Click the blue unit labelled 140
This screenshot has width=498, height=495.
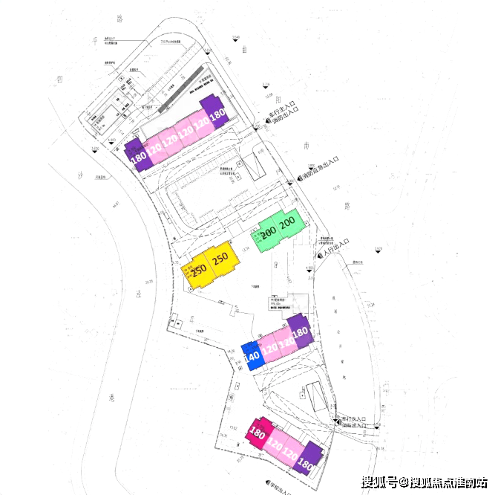coord(252,356)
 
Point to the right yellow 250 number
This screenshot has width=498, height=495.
coord(220,259)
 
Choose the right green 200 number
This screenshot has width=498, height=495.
coord(287,221)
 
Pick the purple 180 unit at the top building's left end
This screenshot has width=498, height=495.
coord(137,157)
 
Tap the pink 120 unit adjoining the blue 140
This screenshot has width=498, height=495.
coord(269,347)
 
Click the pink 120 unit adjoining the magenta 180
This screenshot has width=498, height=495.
coord(275,444)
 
